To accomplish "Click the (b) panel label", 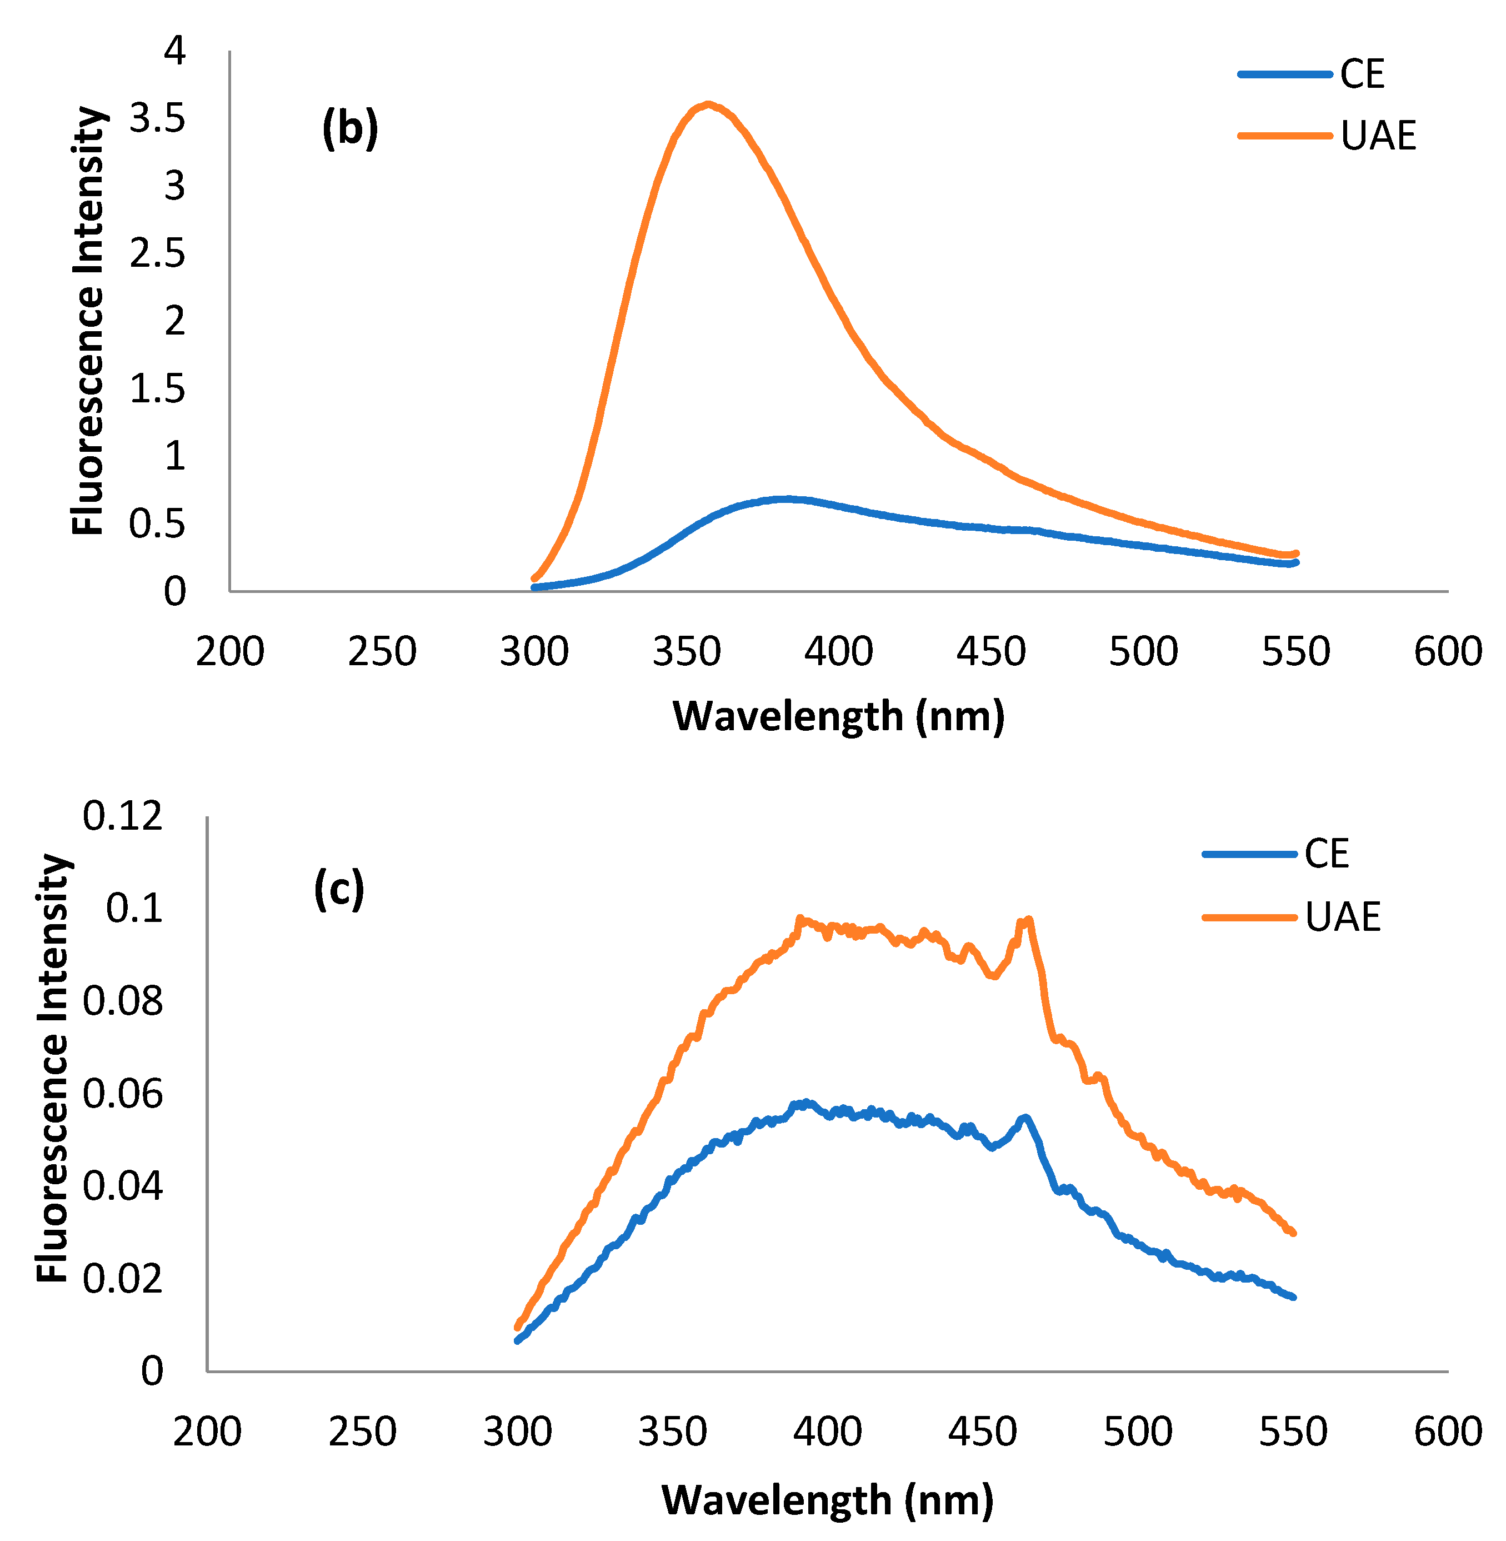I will coord(349,129).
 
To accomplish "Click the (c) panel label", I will coord(338,889).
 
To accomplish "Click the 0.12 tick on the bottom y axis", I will coord(123,816).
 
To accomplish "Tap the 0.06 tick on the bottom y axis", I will coord(123,1094).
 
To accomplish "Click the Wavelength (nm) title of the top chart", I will coord(838,716).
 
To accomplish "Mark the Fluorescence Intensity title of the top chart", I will coord(87,321).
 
